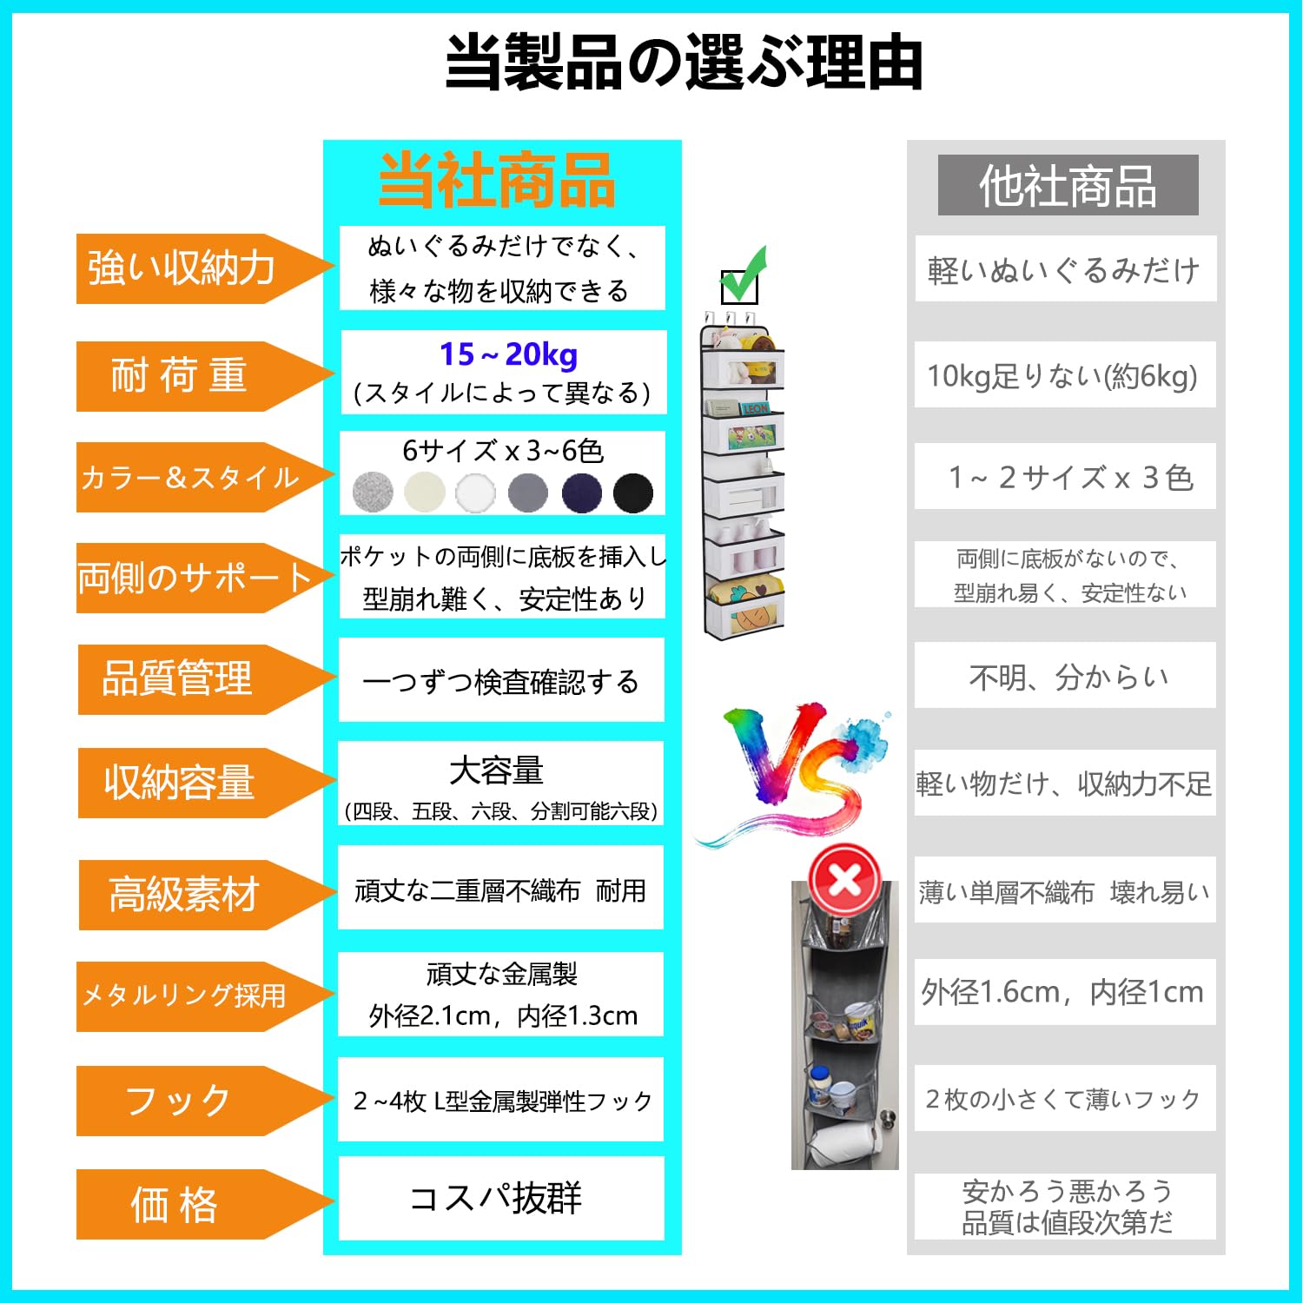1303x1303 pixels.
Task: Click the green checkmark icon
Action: click(743, 276)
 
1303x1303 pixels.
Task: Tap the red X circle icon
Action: click(843, 881)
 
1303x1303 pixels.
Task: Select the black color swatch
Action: click(632, 493)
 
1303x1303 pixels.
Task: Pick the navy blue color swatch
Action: click(581, 493)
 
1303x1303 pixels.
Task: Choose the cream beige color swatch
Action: click(425, 493)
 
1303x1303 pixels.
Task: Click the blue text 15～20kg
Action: click(508, 354)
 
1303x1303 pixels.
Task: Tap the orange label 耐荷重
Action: click(180, 376)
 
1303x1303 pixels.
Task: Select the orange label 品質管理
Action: click(178, 679)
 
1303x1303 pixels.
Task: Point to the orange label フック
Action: click(178, 1101)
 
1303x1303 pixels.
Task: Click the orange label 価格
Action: click(174, 1205)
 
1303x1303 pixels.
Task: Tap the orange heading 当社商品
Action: click(498, 181)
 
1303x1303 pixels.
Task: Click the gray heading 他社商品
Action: click(1068, 186)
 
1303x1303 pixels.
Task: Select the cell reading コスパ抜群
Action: click(496, 1199)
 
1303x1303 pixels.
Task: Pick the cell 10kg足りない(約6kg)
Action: click(1063, 376)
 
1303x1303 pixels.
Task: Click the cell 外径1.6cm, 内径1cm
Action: click(1063, 992)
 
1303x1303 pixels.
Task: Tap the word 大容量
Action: click(496, 770)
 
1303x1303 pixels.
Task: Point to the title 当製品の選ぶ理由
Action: click(684, 62)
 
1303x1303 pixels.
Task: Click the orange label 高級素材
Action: click(183, 895)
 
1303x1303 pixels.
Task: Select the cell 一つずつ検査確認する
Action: click(500, 682)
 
